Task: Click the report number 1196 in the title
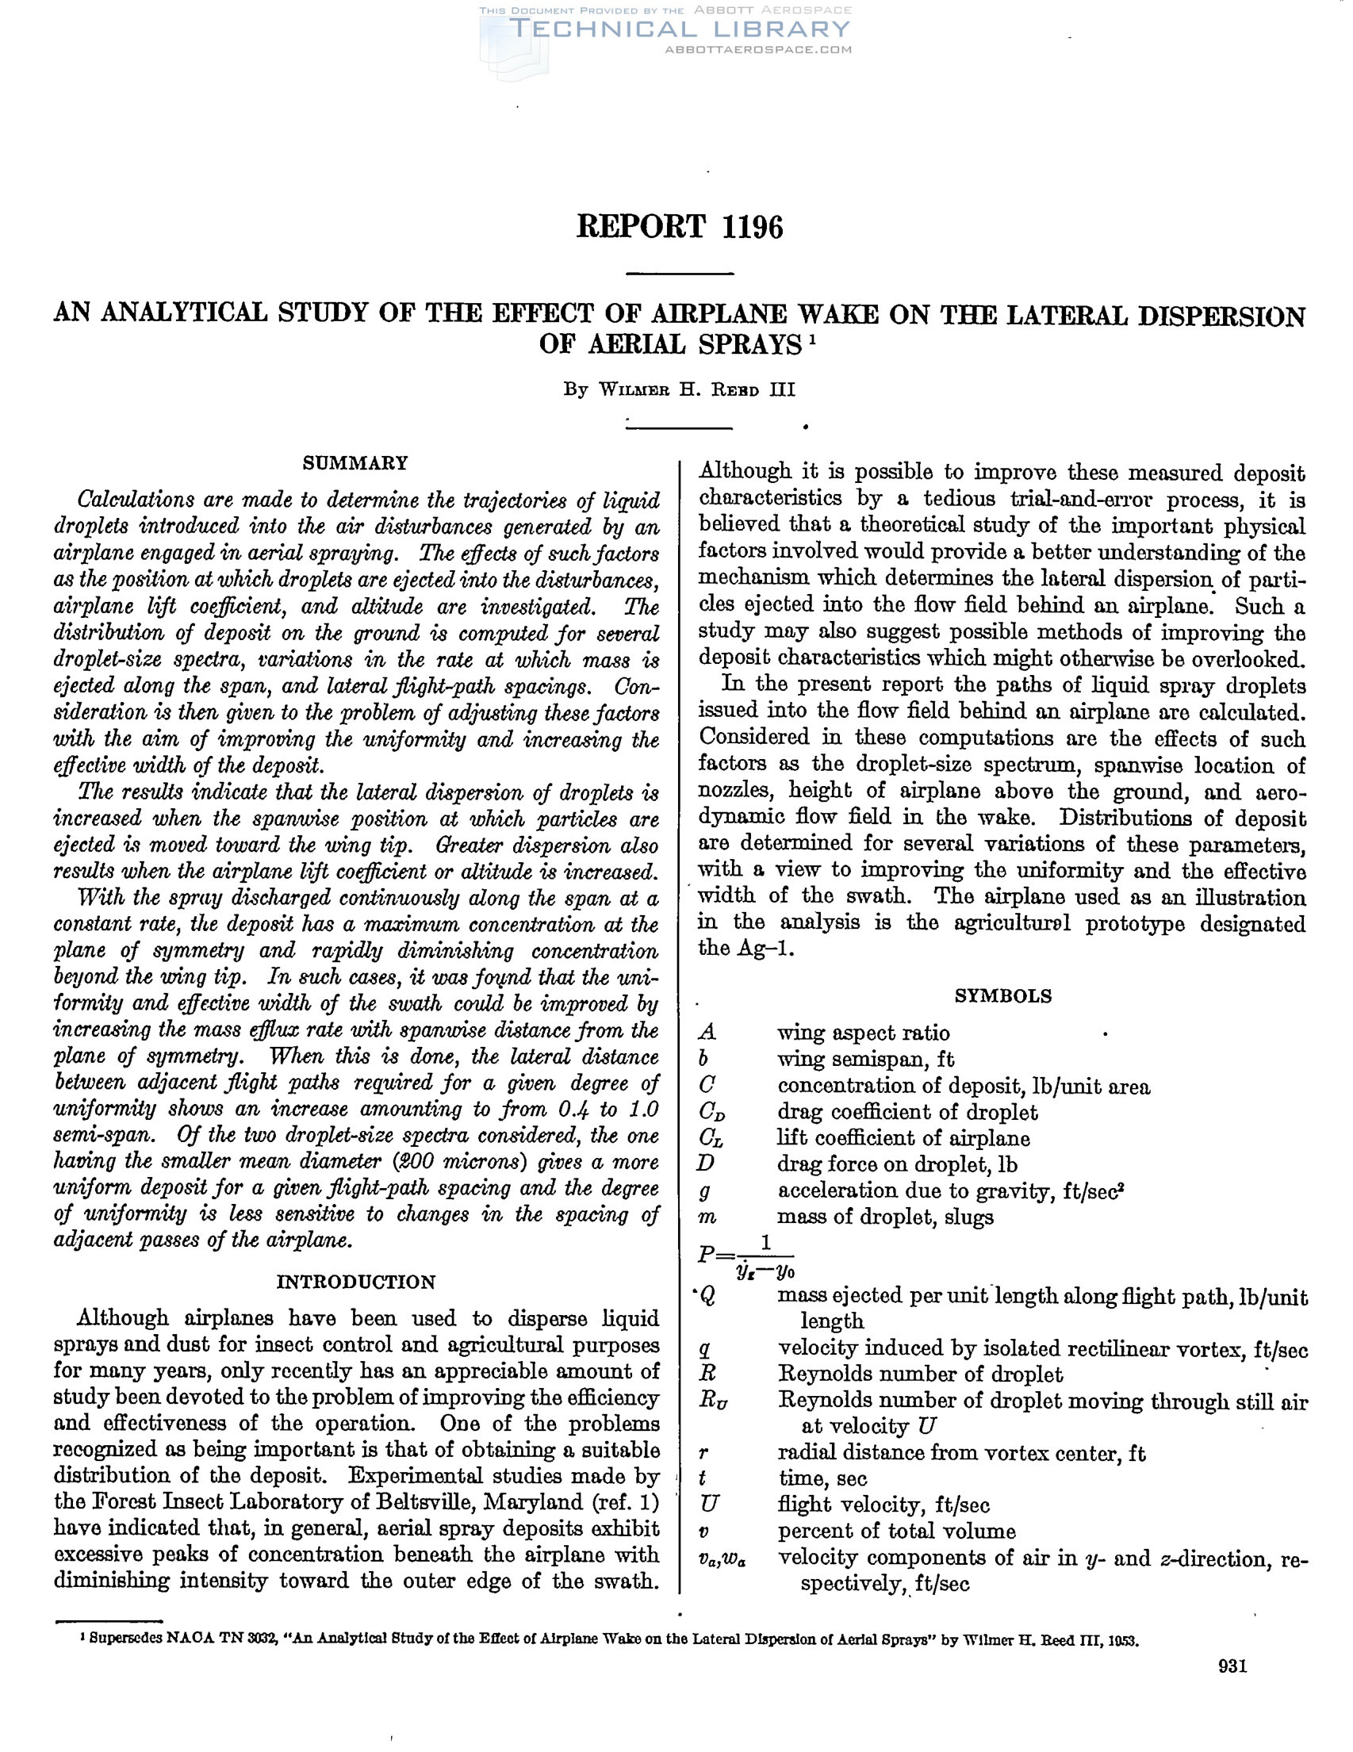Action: [x=752, y=228]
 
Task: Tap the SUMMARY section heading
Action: [x=355, y=463]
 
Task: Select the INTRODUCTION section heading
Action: [x=355, y=1281]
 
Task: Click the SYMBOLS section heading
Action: [x=1002, y=996]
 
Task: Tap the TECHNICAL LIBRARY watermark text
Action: [x=680, y=29]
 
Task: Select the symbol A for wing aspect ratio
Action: [x=707, y=1033]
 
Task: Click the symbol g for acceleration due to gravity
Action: [x=706, y=1191]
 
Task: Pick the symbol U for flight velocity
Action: [x=708, y=1504]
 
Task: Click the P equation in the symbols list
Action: [x=745, y=1256]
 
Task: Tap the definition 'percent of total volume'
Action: [x=897, y=1531]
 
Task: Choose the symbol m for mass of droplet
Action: [x=707, y=1217]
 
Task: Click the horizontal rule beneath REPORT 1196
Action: [x=680, y=274]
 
